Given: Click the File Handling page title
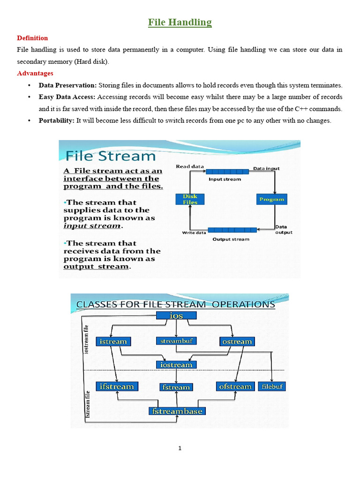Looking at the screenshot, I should coord(180,22).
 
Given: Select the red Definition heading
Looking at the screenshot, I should coord(32,38).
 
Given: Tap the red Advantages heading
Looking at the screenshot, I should coord(35,73).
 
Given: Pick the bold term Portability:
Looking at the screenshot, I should coord(56,120).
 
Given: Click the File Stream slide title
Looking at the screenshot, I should coord(110,156).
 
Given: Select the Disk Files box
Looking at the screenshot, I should coord(190,199).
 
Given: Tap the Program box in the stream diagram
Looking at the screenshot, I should coord(272,199).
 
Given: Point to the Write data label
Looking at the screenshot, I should coord(194,232).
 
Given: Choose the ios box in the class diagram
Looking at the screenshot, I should coord(176,316).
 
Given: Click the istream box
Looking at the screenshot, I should coord(113,342).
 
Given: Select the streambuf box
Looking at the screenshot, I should coord(176,341).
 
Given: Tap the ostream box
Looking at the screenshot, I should coord(237,342).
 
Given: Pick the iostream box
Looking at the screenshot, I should coord(176,364).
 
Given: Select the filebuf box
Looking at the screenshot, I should coord(271,387).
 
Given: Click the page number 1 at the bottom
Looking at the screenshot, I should coord(180,448).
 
